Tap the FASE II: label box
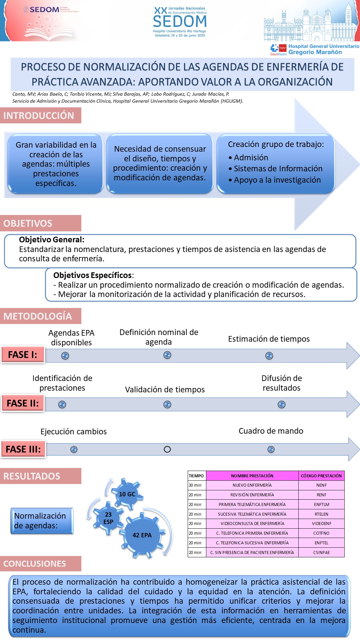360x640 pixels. click(23, 403)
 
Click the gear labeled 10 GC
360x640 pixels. click(127, 494)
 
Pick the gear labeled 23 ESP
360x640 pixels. click(108, 518)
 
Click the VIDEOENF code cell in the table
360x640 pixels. click(321, 523)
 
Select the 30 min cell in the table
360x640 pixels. click(197, 485)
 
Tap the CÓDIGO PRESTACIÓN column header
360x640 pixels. click(321, 476)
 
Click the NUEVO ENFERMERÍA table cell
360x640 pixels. click(252, 485)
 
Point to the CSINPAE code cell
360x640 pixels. click(321, 552)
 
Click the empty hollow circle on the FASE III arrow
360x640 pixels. click(167, 449)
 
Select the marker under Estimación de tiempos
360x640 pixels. click(269, 356)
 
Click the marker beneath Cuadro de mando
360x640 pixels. click(271, 449)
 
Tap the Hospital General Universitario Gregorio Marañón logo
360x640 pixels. click(315, 49)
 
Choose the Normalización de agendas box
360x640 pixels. click(42, 521)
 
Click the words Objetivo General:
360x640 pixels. click(52, 239)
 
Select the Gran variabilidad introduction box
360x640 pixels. click(56, 164)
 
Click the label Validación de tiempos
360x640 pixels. click(165, 390)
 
